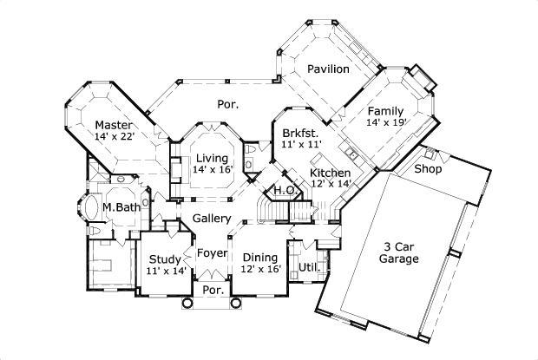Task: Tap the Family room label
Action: click(384, 112)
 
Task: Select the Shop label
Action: click(428, 169)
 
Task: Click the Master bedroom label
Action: click(114, 125)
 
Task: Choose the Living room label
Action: click(212, 158)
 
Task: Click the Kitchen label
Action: click(331, 173)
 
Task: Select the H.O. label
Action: click(283, 190)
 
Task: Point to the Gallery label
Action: click(211, 218)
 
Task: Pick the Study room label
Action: click(164, 259)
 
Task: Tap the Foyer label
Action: click(212, 253)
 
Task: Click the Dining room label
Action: click(259, 258)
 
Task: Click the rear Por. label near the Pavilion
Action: click(227, 104)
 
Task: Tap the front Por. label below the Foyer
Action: click(213, 291)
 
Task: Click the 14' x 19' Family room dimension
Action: click(384, 124)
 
